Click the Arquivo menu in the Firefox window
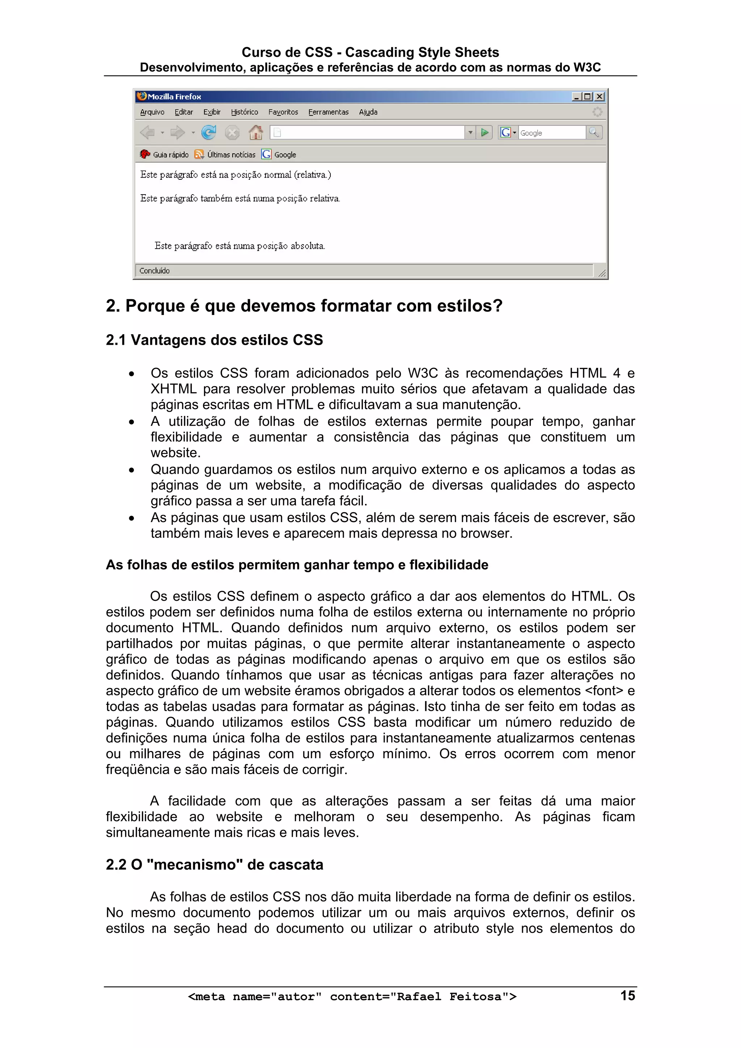152,112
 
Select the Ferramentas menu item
328,112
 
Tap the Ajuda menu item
368,112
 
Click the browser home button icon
256,133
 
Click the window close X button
600,97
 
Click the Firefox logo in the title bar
142,96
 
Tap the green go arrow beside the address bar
484,133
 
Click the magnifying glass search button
593,133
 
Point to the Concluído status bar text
154,271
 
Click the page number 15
627,996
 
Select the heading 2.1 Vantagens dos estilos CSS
214,340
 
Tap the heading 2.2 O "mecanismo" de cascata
214,865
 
